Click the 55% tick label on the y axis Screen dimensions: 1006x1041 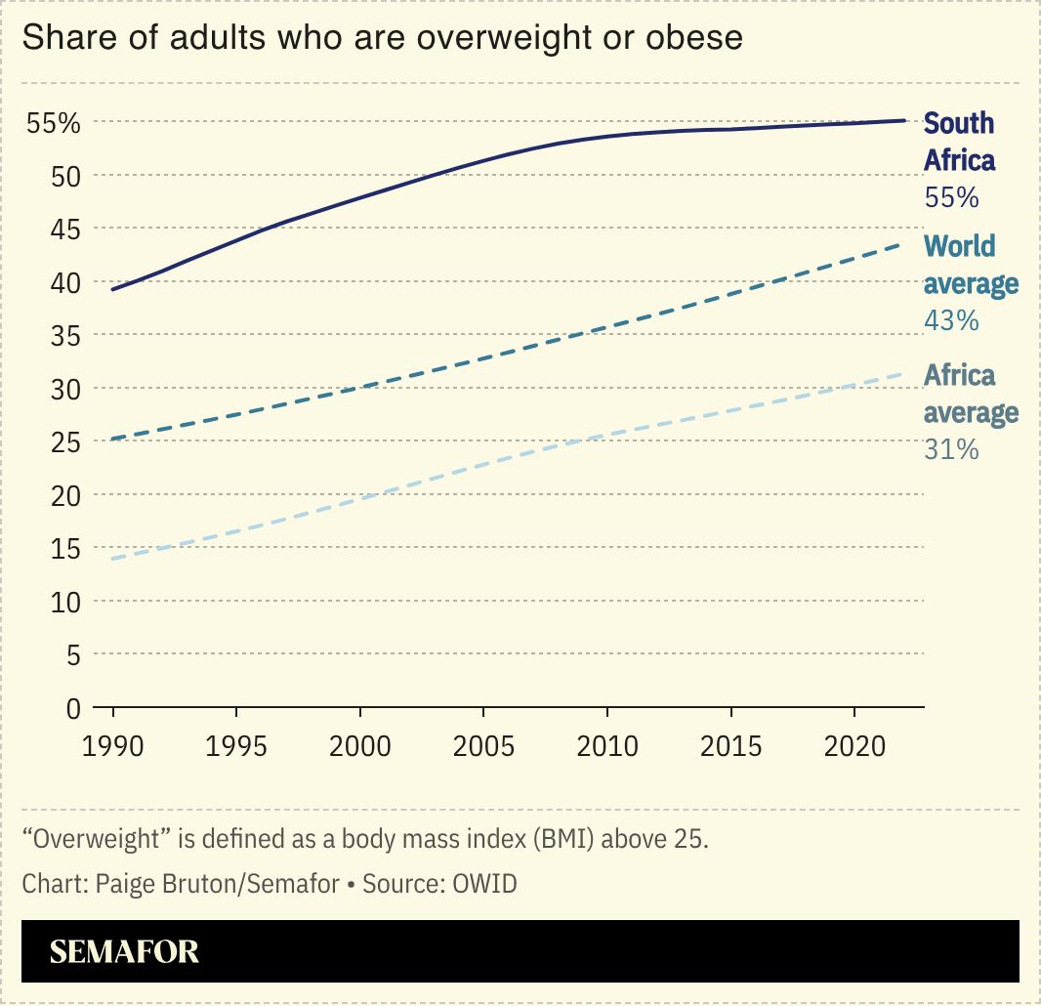coord(53,124)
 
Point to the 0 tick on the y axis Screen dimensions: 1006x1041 coord(72,708)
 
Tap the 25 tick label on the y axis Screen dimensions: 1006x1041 coord(65,442)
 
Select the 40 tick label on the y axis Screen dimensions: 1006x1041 coord(65,283)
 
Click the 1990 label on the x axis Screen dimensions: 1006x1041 coord(113,747)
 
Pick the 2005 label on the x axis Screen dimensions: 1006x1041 coord(483,747)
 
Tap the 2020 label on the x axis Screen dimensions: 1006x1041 coord(854,747)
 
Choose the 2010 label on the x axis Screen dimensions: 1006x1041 coord(606,747)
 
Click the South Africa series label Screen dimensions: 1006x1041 coord(959,142)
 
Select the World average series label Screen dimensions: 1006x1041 coord(971,265)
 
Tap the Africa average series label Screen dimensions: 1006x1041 coord(971,395)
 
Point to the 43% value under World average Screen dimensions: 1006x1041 coord(950,320)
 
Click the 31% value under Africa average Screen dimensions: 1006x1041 coord(950,450)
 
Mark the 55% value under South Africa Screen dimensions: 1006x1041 coord(950,198)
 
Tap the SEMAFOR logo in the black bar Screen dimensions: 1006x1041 coord(124,952)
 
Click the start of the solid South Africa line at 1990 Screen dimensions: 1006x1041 coord(114,290)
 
